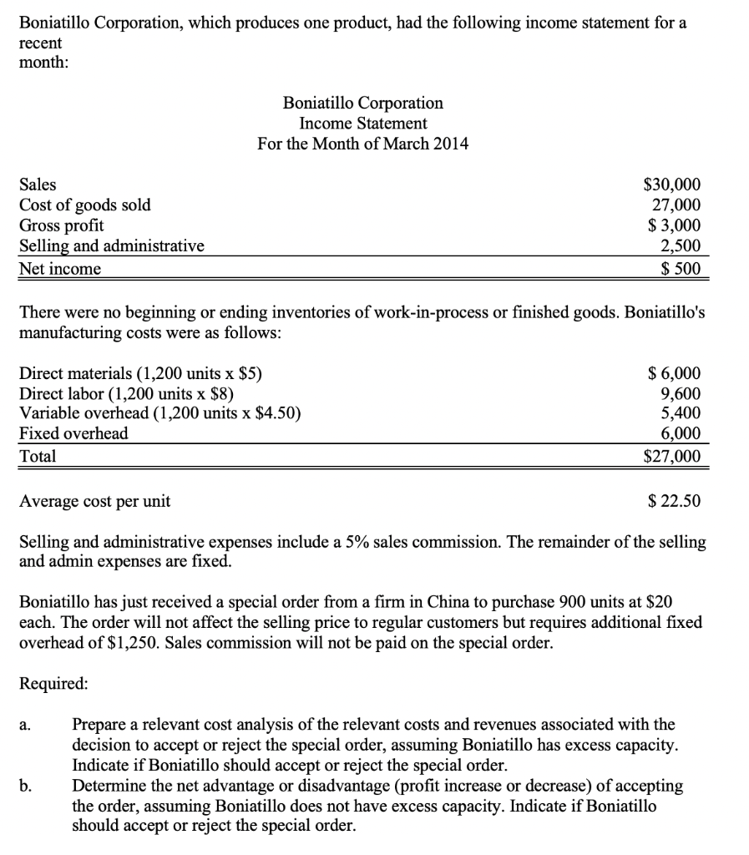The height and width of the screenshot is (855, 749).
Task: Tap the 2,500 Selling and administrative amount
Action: [681, 245]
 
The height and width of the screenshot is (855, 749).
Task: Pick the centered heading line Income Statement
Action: [363, 123]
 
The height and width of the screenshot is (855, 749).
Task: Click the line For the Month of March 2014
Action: [363, 144]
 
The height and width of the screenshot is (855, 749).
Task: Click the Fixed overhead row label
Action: [73, 433]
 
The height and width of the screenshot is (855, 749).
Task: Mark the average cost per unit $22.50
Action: [675, 501]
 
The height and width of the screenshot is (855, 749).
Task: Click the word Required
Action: [53, 682]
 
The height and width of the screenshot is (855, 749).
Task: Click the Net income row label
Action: [60, 268]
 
